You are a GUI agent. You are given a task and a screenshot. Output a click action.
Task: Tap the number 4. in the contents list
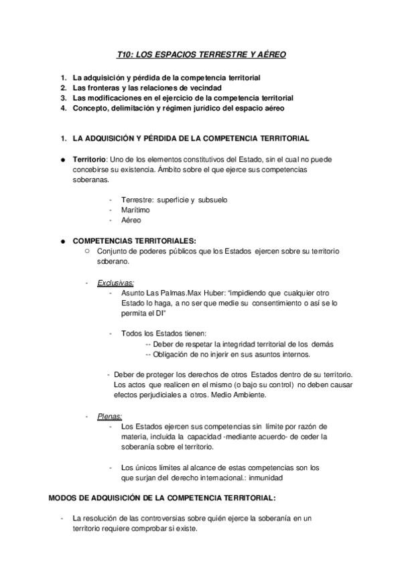tap(63, 108)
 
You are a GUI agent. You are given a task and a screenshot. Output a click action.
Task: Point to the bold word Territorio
tap(89, 159)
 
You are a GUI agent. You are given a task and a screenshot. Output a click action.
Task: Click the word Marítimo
tap(135, 210)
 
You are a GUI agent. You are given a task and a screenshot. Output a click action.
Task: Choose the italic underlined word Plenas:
tap(109, 416)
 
